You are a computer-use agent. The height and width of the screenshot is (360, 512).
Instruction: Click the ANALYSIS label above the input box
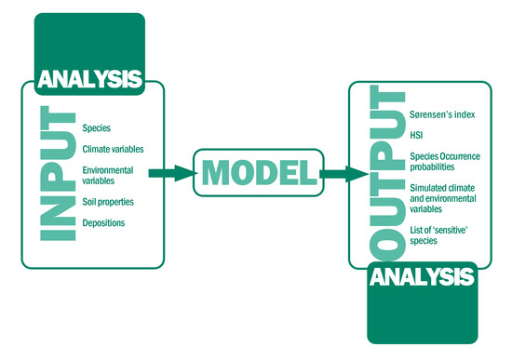coord(90,79)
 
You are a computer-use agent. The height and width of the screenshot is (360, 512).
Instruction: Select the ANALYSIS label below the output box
coord(421,276)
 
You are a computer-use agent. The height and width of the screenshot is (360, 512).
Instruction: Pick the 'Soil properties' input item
coord(109,202)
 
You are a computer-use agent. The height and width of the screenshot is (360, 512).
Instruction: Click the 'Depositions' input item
coord(103,223)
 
